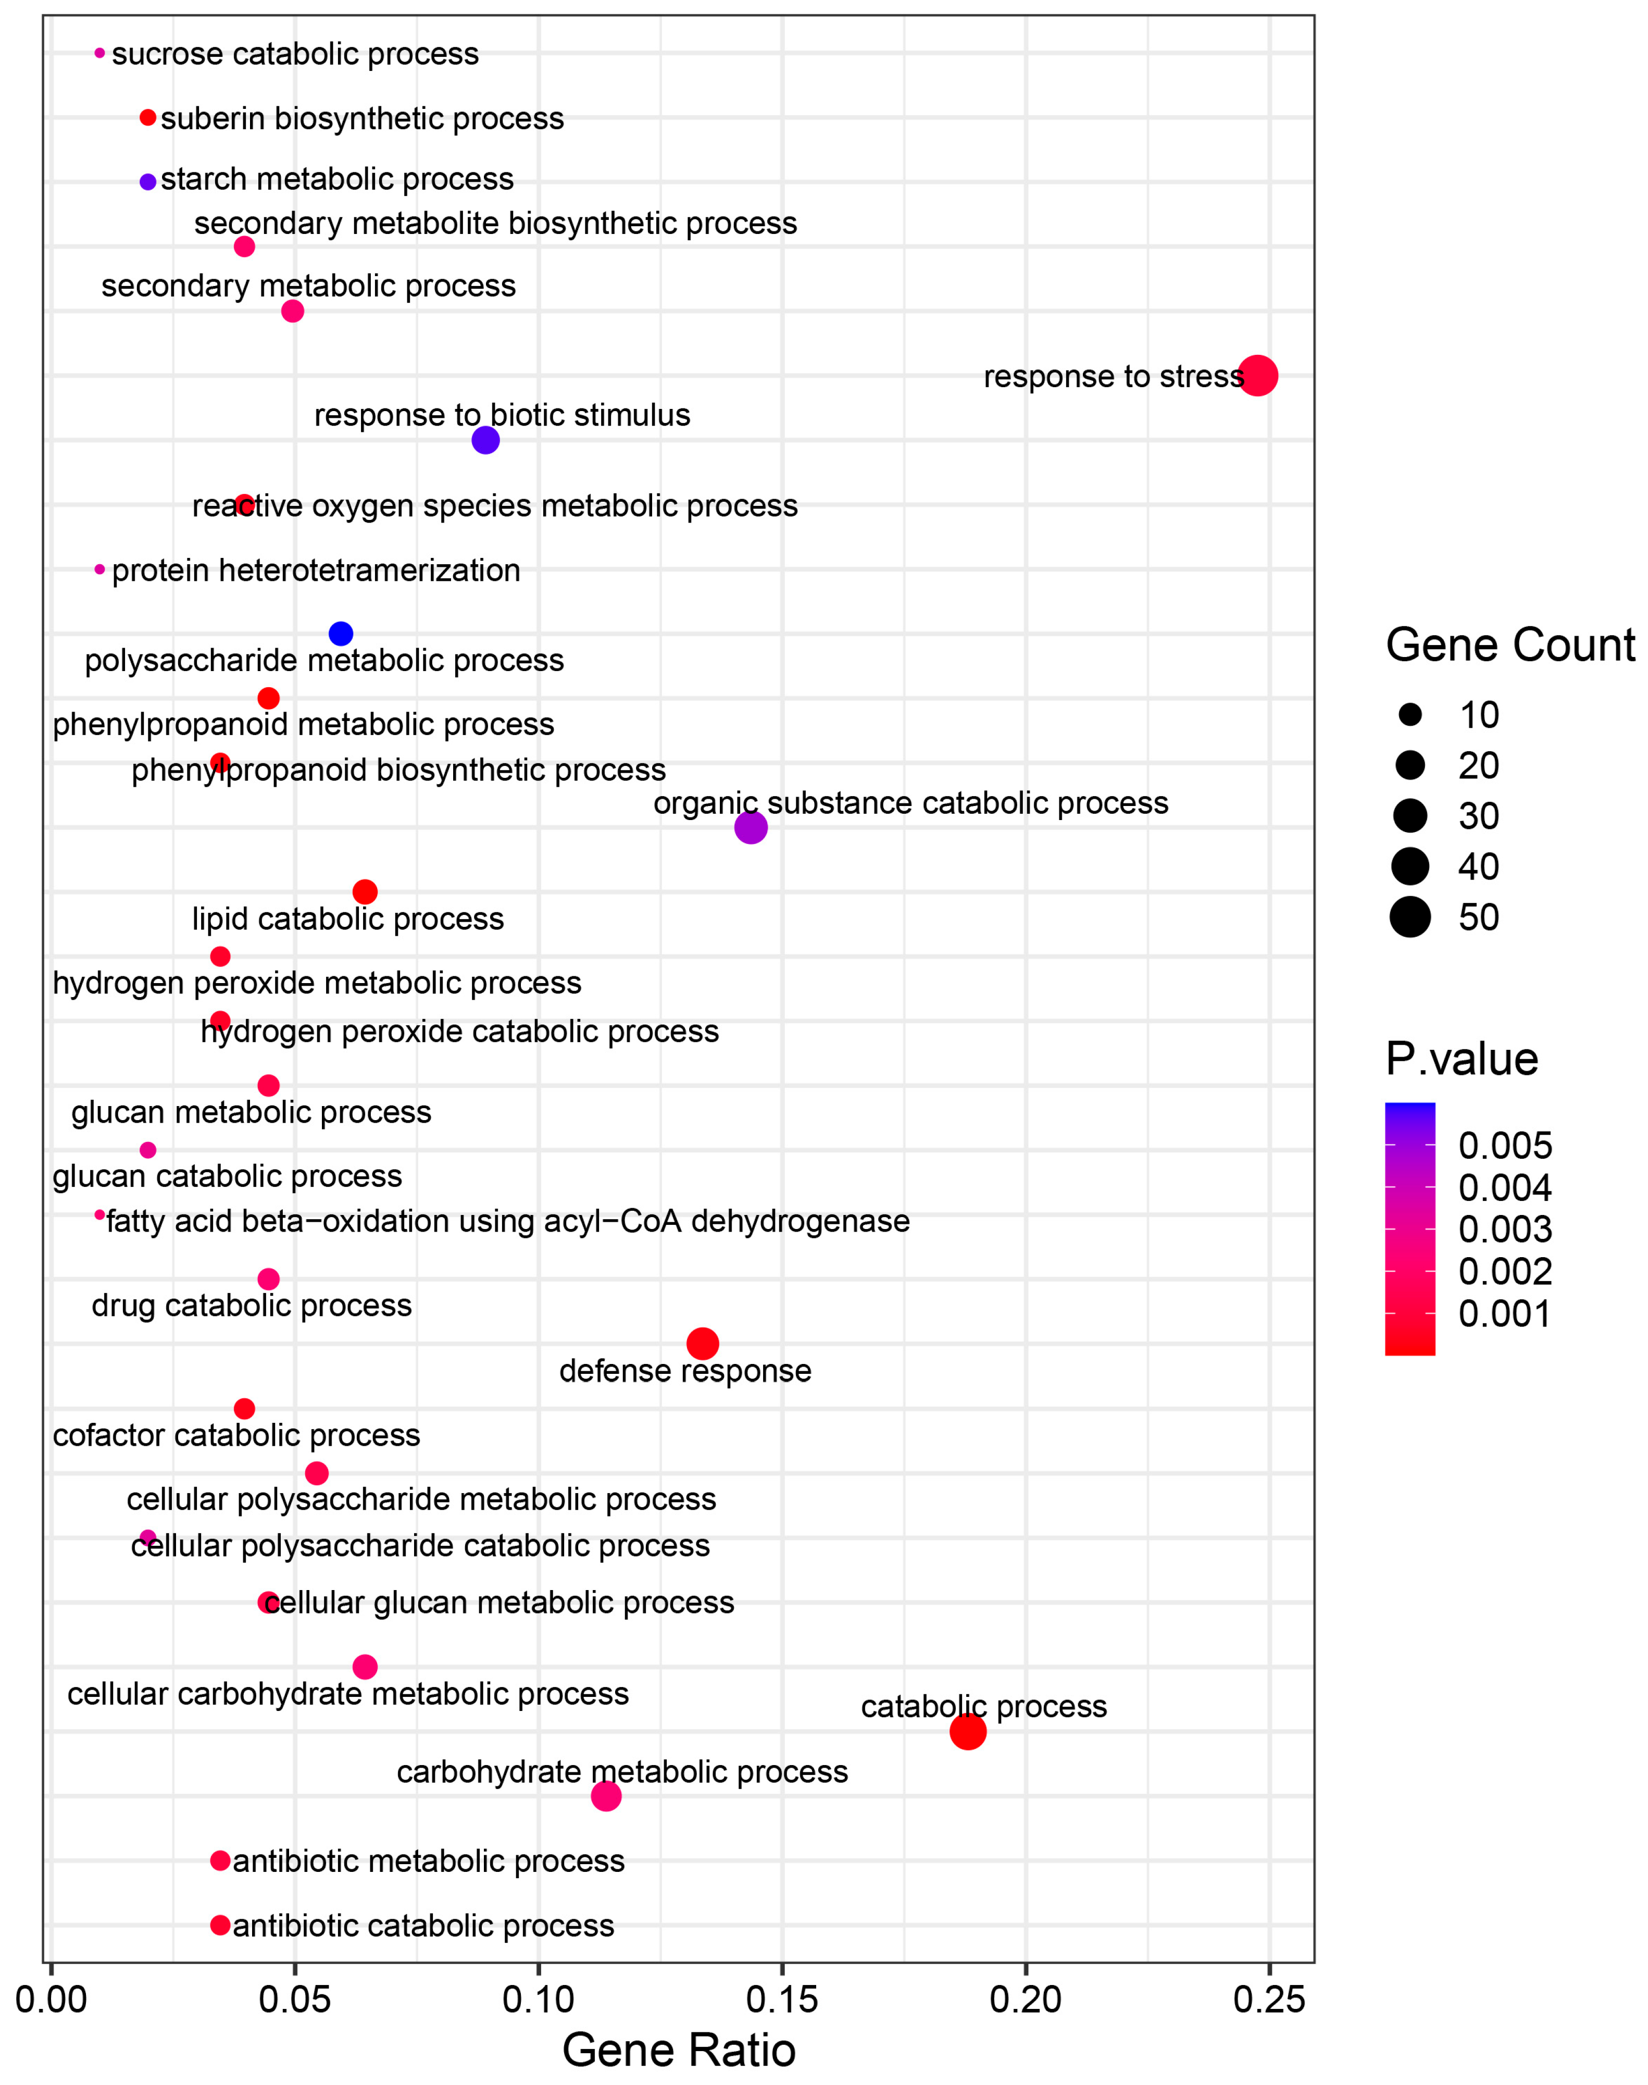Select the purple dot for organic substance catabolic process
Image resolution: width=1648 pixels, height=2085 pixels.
point(751,827)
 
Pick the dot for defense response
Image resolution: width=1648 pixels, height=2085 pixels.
point(703,1343)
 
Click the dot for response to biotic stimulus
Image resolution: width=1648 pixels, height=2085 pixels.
point(485,440)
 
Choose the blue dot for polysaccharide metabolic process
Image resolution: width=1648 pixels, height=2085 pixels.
point(341,634)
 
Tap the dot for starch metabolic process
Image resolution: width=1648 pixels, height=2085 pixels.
point(147,181)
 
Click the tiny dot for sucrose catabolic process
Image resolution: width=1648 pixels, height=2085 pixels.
point(99,53)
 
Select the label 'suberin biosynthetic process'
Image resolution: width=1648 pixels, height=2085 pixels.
point(362,119)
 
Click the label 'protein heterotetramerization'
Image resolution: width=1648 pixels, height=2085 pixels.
point(316,570)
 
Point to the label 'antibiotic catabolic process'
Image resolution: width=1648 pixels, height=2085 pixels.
point(423,1925)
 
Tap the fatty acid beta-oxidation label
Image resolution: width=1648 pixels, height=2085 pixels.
point(507,1222)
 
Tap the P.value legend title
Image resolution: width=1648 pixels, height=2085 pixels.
point(1461,1059)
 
